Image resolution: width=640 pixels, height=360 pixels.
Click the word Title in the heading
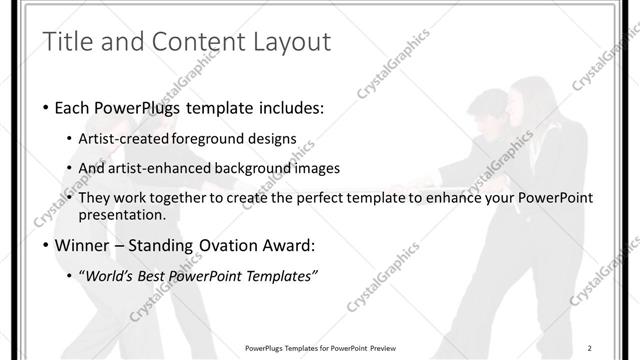click(68, 42)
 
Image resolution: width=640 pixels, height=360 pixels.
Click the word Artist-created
click(125, 139)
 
